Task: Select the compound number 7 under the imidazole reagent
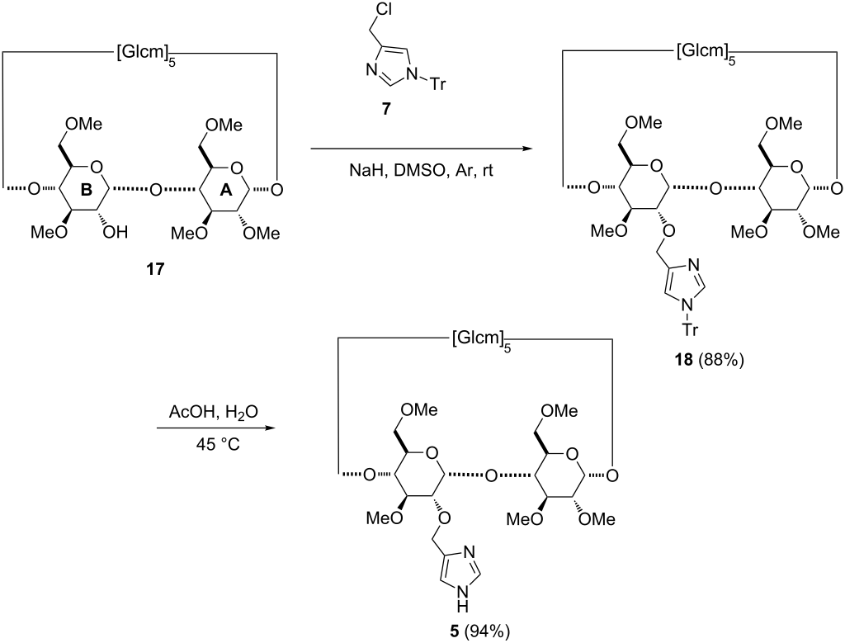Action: point(387,110)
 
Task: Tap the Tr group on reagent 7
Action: point(437,84)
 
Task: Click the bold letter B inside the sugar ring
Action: point(86,191)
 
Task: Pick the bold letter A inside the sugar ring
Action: point(226,191)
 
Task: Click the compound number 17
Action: point(155,268)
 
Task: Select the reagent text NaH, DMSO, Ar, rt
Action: point(421,171)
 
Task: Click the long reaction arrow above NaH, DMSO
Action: point(419,149)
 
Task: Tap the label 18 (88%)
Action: point(709,360)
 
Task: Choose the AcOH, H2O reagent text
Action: point(214,413)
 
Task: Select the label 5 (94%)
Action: point(479,631)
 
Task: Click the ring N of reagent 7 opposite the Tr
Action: point(371,70)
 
